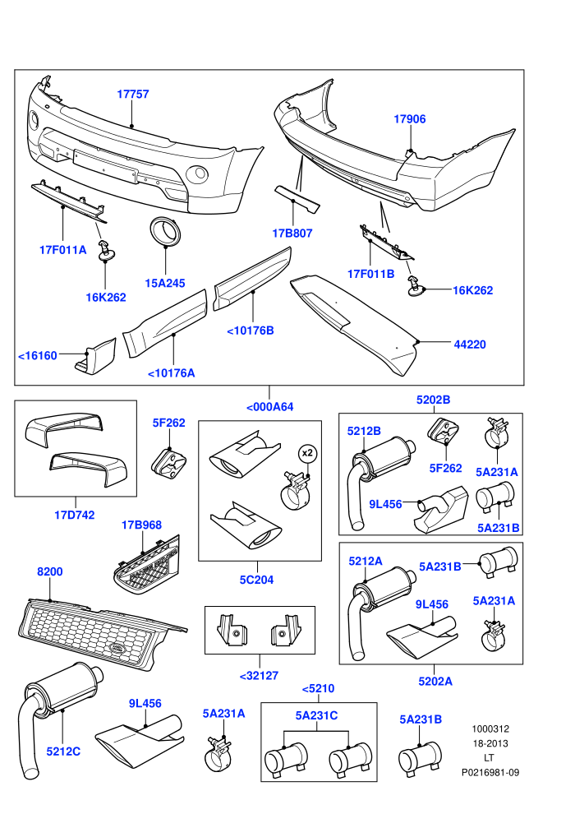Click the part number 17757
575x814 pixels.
tap(133, 94)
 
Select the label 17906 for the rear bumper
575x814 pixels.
tap(410, 119)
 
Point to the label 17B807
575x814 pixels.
tap(292, 233)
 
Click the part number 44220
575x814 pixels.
tap(470, 345)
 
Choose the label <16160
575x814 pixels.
tap(37, 355)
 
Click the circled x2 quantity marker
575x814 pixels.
tap(307, 453)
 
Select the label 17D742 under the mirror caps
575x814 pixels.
tap(75, 515)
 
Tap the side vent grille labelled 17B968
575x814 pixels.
tap(147, 569)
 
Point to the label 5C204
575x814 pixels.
tap(256, 580)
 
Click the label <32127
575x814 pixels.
tap(260, 675)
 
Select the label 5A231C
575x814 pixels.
tap(316, 715)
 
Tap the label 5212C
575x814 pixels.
tap(63, 752)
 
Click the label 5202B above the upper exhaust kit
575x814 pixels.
tap(434, 400)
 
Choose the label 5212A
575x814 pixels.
tap(366, 562)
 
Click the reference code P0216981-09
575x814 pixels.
tap(490, 772)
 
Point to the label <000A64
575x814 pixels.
tap(270, 407)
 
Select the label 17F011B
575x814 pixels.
tap(370, 274)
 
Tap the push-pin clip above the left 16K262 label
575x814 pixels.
tap(106, 249)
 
